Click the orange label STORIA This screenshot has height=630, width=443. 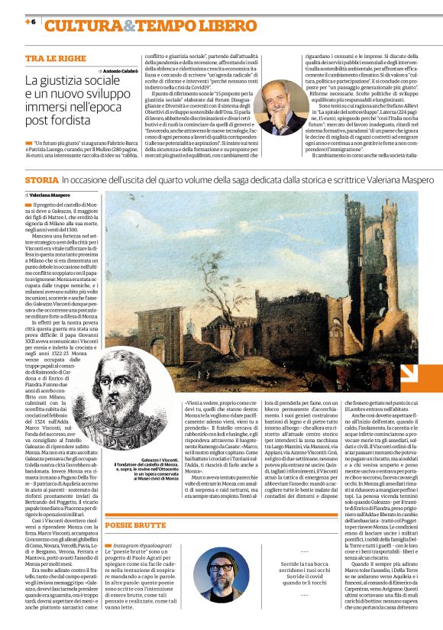pyautogui.click(x=41, y=179)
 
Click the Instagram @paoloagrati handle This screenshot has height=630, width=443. pyautogui.click(x=148, y=547)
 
